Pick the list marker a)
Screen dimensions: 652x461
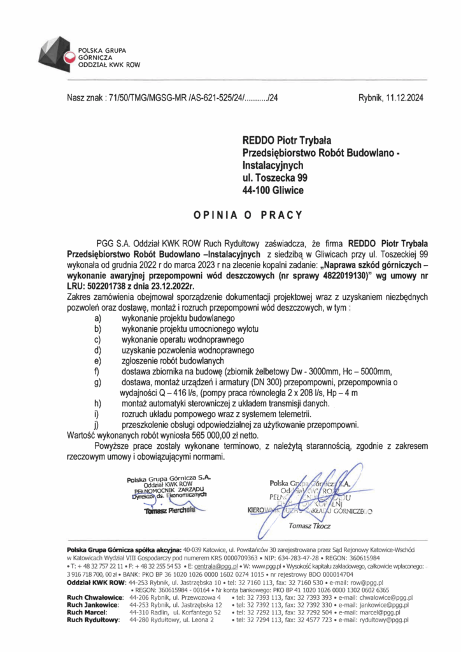point(97,316)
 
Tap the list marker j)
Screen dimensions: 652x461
point(97,423)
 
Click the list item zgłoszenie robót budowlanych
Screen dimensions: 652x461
point(167,360)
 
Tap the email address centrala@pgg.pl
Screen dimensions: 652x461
point(217,565)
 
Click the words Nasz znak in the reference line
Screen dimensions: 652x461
point(84,98)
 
